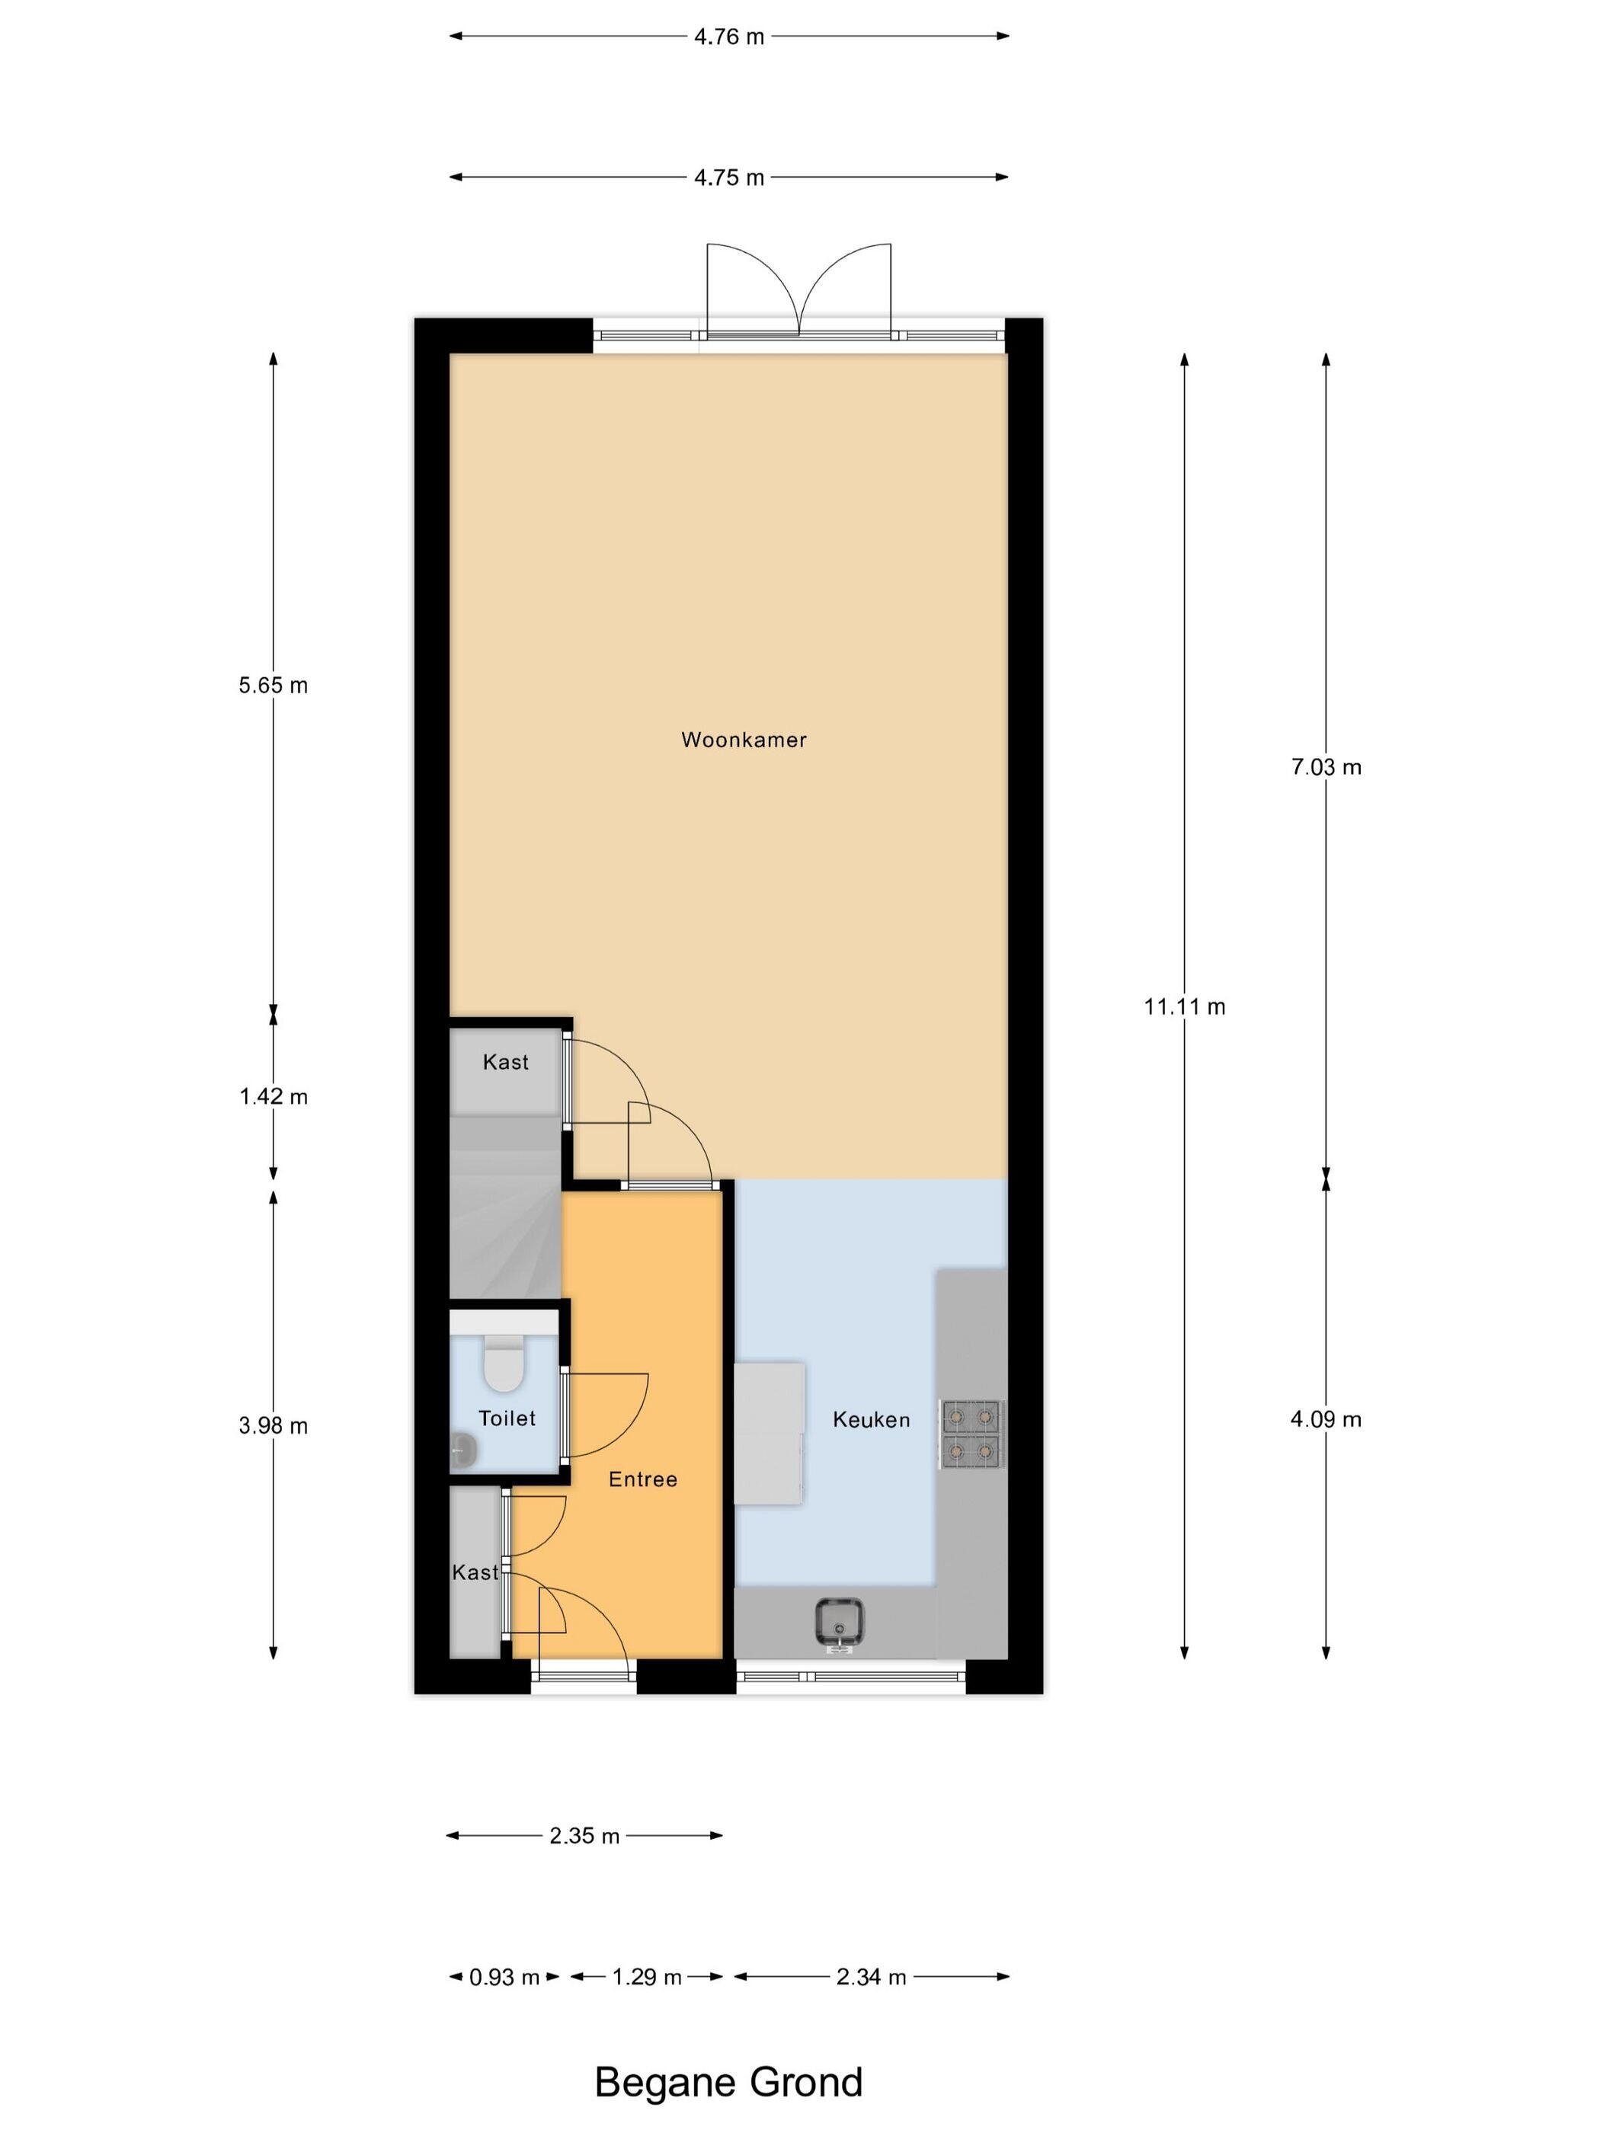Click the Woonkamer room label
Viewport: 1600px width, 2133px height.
[744, 740]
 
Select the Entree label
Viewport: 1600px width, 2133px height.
[642, 1479]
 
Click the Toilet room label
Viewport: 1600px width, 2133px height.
[507, 1418]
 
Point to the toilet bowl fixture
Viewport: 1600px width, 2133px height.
[502, 1363]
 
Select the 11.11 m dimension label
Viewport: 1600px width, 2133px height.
[1184, 1007]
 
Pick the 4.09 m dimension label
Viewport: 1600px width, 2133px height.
[1326, 1418]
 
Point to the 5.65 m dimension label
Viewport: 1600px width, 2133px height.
[273, 686]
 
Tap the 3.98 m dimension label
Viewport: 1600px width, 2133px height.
[273, 1425]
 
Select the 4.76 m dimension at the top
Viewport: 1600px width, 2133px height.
[729, 37]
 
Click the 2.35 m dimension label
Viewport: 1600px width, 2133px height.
[584, 1836]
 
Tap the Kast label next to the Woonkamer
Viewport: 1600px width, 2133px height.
[505, 1062]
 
